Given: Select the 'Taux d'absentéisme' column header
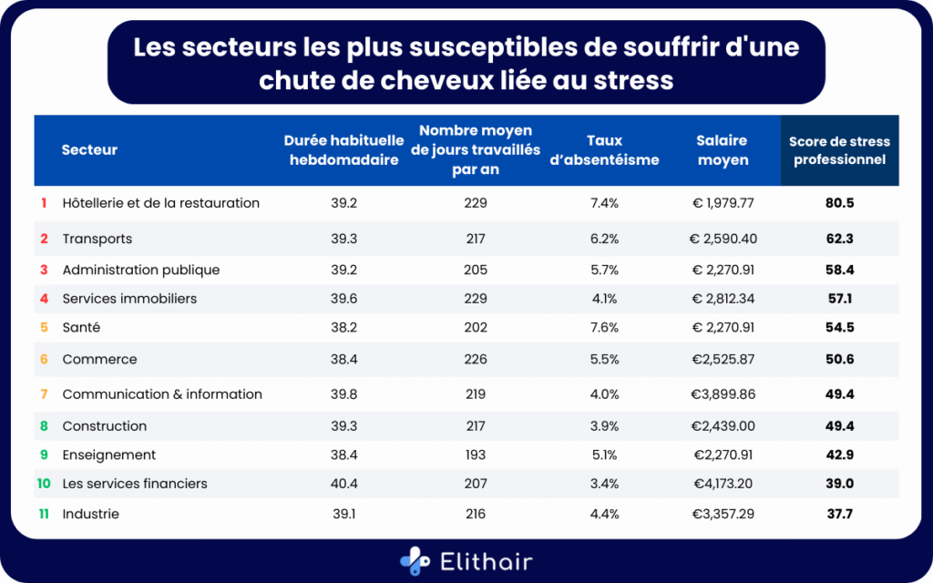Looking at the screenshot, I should click(x=604, y=150).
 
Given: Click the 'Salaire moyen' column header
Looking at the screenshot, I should click(x=722, y=150).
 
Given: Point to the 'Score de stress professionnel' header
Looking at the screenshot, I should click(x=839, y=150).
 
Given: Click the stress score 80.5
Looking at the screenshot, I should click(x=839, y=203).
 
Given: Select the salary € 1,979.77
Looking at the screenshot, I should click(x=722, y=203).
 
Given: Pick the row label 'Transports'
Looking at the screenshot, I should click(x=97, y=239).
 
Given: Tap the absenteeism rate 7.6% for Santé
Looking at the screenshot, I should click(x=604, y=327).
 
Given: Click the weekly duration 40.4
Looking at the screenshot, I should click(x=343, y=484).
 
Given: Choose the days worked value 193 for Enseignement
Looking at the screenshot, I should click(x=475, y=455).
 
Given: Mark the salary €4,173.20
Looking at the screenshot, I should click(x=722, y=484).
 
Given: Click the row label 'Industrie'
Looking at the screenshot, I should click(x=90, y=514).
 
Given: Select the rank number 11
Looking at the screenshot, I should click(x=43, y=514).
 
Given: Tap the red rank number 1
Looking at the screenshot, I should click(x=43, y=203).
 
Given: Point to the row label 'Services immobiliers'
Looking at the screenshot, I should click(x=129, y=298).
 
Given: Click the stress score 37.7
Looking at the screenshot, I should click(x=839, y=514).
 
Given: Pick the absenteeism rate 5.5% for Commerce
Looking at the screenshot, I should click(x=604, y=359).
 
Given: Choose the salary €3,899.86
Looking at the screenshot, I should click(x=722, y=394).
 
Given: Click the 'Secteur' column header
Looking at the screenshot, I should click(x=89, y=150).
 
